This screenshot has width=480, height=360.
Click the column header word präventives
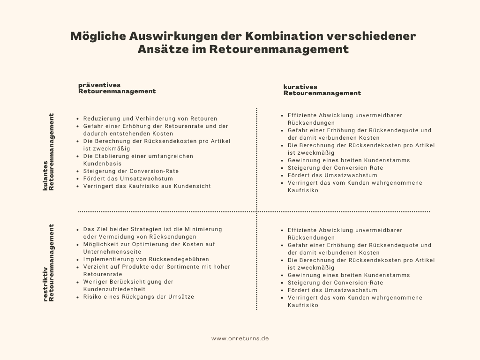click(x=99, y=85)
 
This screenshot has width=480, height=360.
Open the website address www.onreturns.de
click(x=240, y=338)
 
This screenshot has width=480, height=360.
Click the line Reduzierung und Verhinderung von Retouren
click(x=150, y=119)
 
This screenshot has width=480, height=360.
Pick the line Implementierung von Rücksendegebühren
click(x=146, y=259)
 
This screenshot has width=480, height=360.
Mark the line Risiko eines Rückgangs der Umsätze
click(x=138, y=297)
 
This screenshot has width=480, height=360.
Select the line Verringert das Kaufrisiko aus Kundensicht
click(x=147, y=186)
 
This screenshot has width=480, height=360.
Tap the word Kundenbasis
click(x=102, y=164)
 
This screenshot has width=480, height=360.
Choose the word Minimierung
click(x=203, y=229)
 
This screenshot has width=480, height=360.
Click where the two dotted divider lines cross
click(x=257, y=212)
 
